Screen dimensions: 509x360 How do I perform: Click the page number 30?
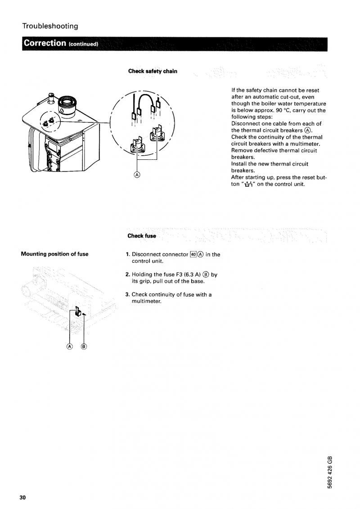22,497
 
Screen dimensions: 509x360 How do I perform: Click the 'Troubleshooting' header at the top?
50,26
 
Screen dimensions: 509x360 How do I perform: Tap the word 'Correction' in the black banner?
45,44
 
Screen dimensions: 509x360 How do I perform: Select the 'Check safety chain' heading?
153,71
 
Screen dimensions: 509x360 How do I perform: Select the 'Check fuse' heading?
142,236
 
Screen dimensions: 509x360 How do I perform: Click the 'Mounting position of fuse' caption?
54,254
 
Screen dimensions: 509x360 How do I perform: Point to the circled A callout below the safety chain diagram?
137,175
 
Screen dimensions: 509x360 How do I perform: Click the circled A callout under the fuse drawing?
70,346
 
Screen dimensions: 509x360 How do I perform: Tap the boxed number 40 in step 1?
194,254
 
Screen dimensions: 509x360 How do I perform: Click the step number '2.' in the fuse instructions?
128,275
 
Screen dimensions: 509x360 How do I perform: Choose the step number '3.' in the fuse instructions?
128,295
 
